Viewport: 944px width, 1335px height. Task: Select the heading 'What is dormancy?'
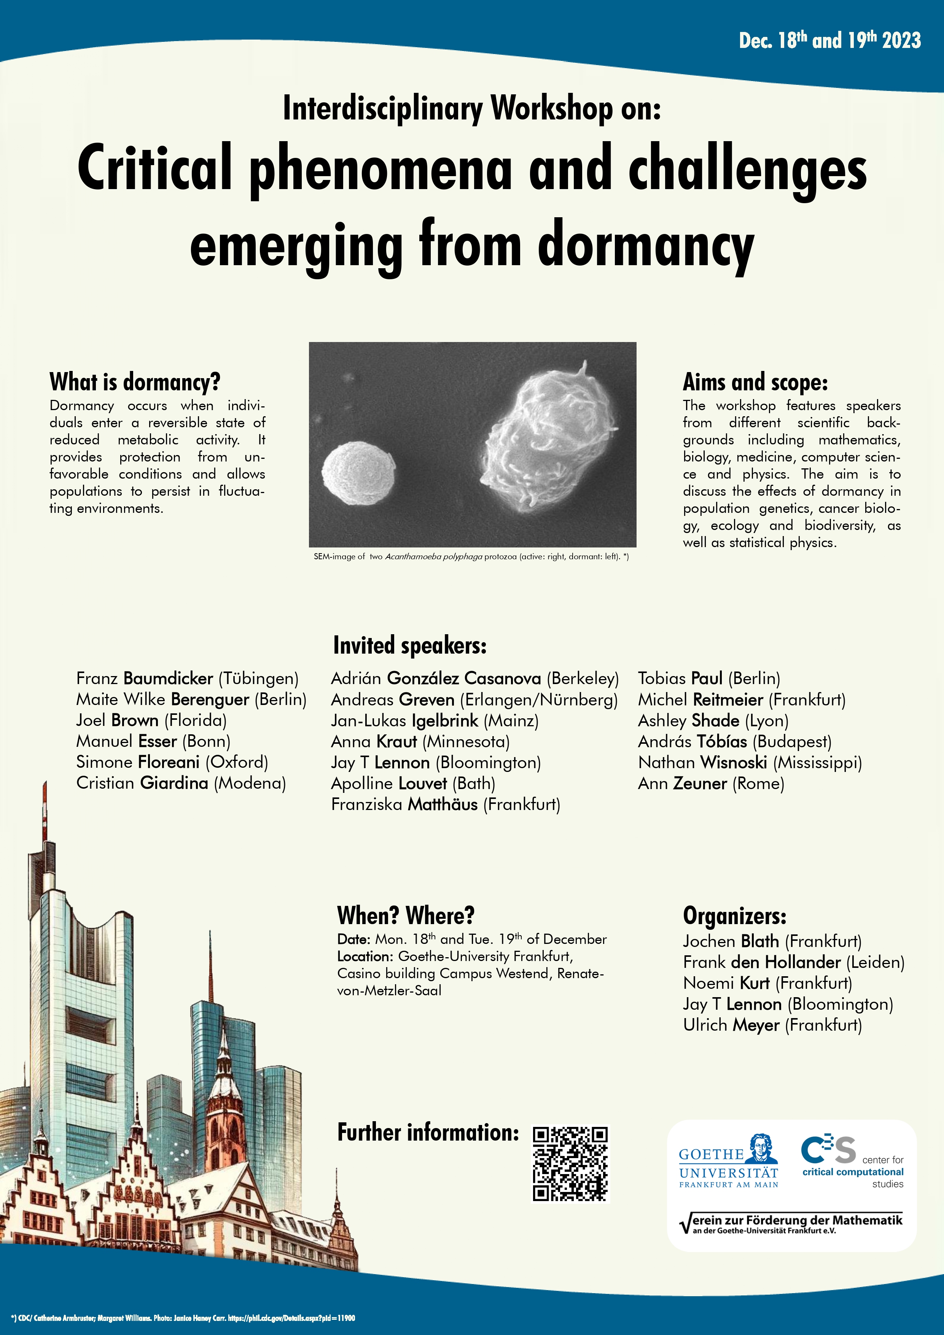[135, 382]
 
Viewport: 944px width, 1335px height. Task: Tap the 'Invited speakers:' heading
[409, 645]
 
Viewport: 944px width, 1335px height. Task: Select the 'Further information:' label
[428, 1132]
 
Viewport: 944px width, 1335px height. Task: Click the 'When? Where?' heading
[405, 915]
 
